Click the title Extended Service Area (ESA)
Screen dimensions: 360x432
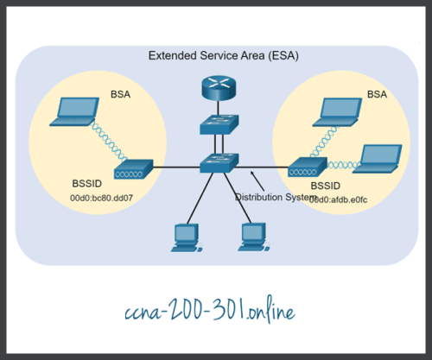[215, 57]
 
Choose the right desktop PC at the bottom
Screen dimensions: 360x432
[251, 236]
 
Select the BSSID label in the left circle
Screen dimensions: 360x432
[86, 184]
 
